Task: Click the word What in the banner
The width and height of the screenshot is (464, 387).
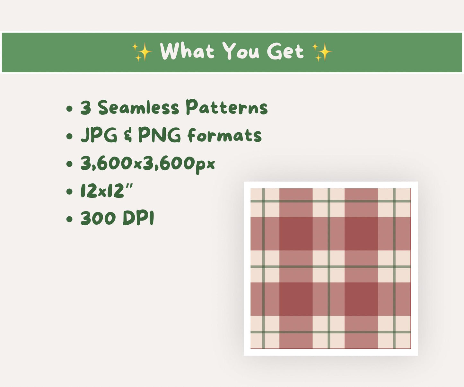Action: click(x=187, y=51)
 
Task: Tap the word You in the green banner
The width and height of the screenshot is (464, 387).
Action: click(x=241, y=51)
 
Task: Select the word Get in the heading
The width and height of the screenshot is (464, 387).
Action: click(x=285, y=52)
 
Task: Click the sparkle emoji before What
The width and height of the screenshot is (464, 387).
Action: click(x=142, y=52)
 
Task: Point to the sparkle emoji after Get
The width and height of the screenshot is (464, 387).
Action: click(x=322, y=52)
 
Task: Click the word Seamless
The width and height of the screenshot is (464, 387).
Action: click(x=138, y=108)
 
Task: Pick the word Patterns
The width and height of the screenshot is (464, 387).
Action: click(x=227, y=107)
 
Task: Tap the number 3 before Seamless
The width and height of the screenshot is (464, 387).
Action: click(x=86, y=108)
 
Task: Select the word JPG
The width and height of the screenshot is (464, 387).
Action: click(x=99, y=135)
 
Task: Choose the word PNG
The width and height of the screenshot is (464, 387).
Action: click(x=160, y=135)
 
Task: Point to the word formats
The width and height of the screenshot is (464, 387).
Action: click(x=224, y=135)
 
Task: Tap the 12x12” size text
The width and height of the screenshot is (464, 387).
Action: click(x=107, y=191)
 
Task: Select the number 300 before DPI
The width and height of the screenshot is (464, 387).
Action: click(x=98, y=219)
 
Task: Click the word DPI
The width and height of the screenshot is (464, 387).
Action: click(x=138, y=219)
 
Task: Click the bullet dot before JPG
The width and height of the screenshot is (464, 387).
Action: click(x=69, y=136)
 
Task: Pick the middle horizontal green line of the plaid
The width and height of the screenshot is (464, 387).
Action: click(x=331, y=267)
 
